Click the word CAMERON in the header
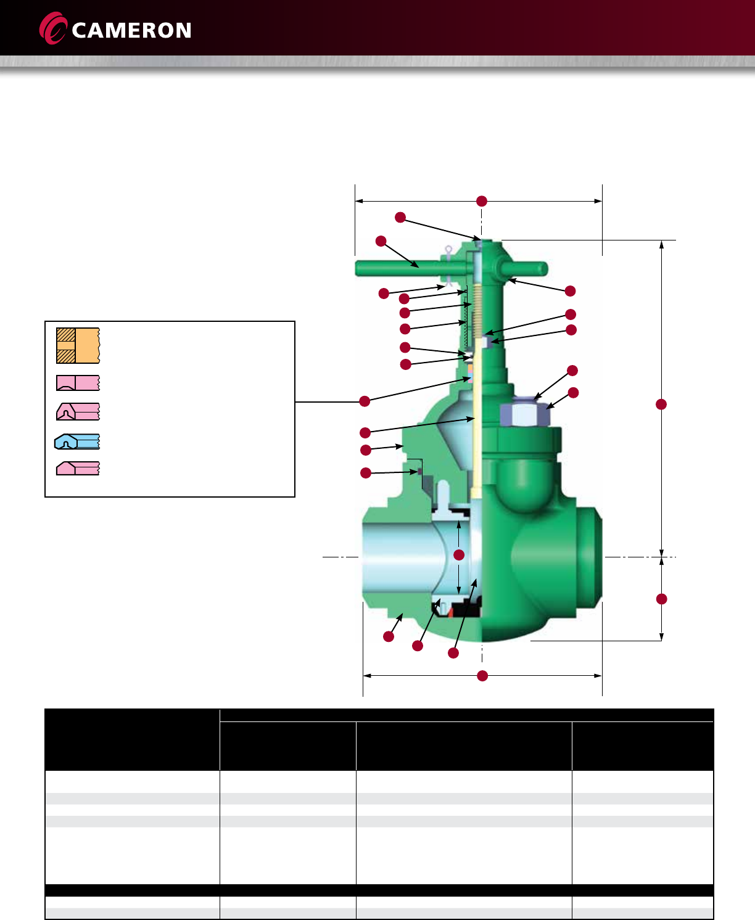(131, 31)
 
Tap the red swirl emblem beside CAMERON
(53, 28)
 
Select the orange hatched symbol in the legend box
(78, 345)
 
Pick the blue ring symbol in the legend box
(77, 442)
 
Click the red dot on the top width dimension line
(481, 201)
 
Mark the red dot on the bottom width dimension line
(482, 676)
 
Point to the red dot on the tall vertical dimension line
(661, 405)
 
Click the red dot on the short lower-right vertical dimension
(662, 599)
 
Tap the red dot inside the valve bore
(459, 555)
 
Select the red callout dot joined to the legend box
(365, 401)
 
